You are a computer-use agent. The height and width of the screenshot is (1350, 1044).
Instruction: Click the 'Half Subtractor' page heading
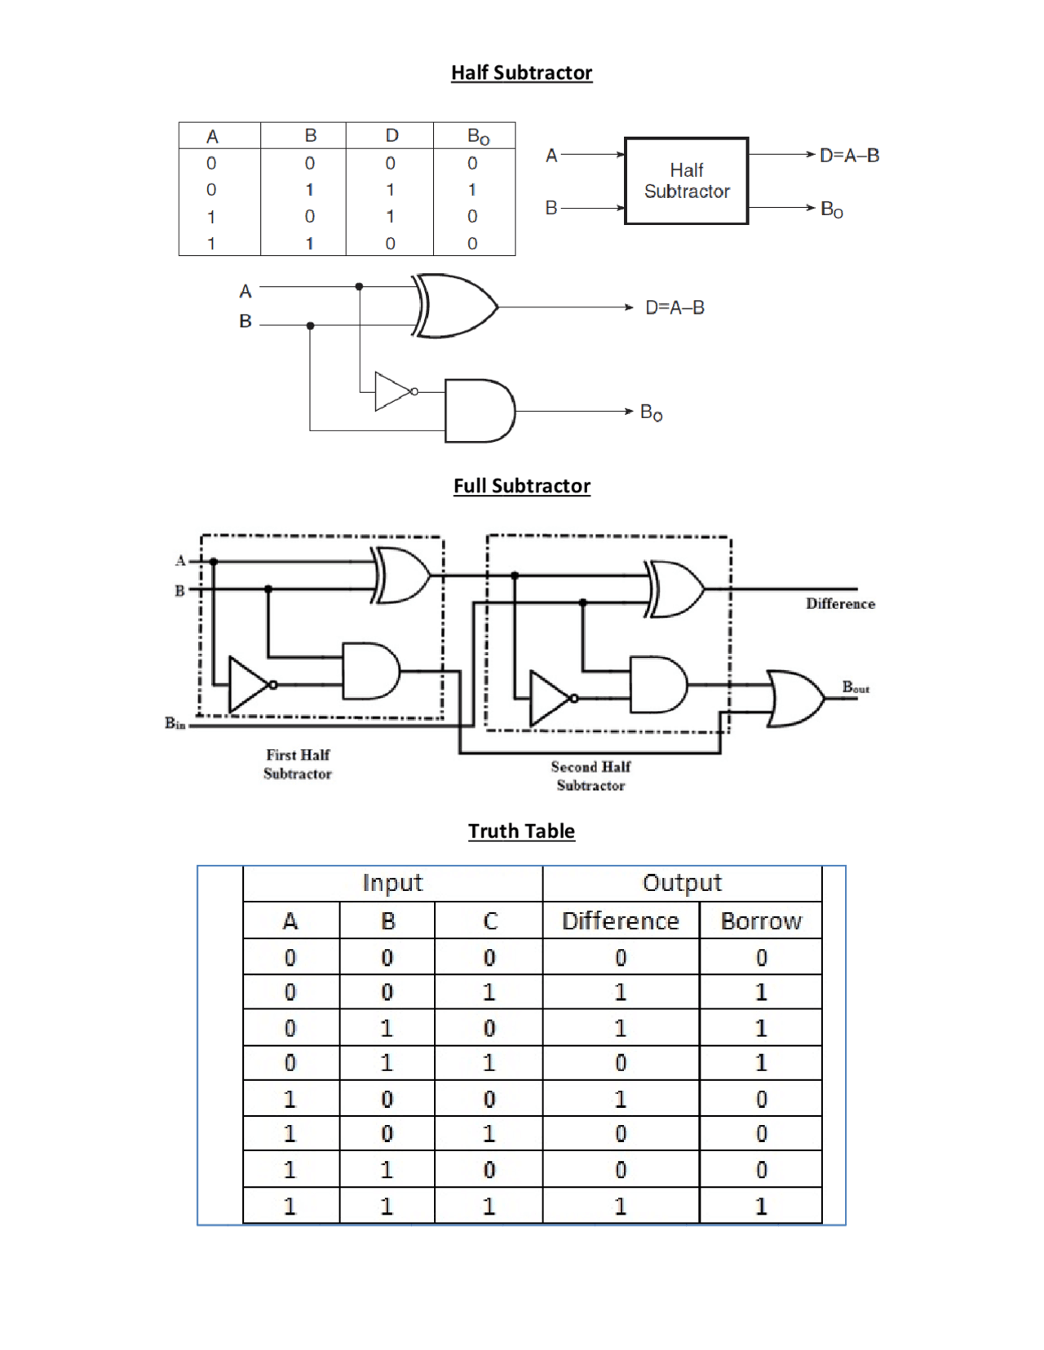521,73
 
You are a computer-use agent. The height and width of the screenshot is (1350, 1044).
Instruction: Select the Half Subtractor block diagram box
686,181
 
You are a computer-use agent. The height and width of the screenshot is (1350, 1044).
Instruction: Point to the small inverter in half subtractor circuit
395,391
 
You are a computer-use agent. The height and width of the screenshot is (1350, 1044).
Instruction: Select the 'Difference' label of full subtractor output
840,604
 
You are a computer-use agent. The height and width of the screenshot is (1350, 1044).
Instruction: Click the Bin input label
175,723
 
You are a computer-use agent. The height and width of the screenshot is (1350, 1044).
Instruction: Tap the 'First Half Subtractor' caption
298,764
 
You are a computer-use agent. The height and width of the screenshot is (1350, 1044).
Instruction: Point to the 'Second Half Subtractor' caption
591,776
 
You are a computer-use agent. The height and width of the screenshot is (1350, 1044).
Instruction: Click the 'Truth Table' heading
521,831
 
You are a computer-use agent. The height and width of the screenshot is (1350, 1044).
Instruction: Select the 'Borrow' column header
761,921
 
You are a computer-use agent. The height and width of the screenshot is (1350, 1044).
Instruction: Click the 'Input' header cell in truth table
392,883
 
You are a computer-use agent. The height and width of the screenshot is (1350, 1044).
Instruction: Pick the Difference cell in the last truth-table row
621,1206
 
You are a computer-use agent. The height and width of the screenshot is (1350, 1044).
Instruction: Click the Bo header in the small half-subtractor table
477,136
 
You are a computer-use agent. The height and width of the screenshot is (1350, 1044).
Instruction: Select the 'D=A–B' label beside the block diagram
849,156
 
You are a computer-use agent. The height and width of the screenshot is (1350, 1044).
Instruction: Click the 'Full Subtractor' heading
521,486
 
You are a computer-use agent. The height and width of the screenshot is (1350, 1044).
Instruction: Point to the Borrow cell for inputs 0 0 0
761,957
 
